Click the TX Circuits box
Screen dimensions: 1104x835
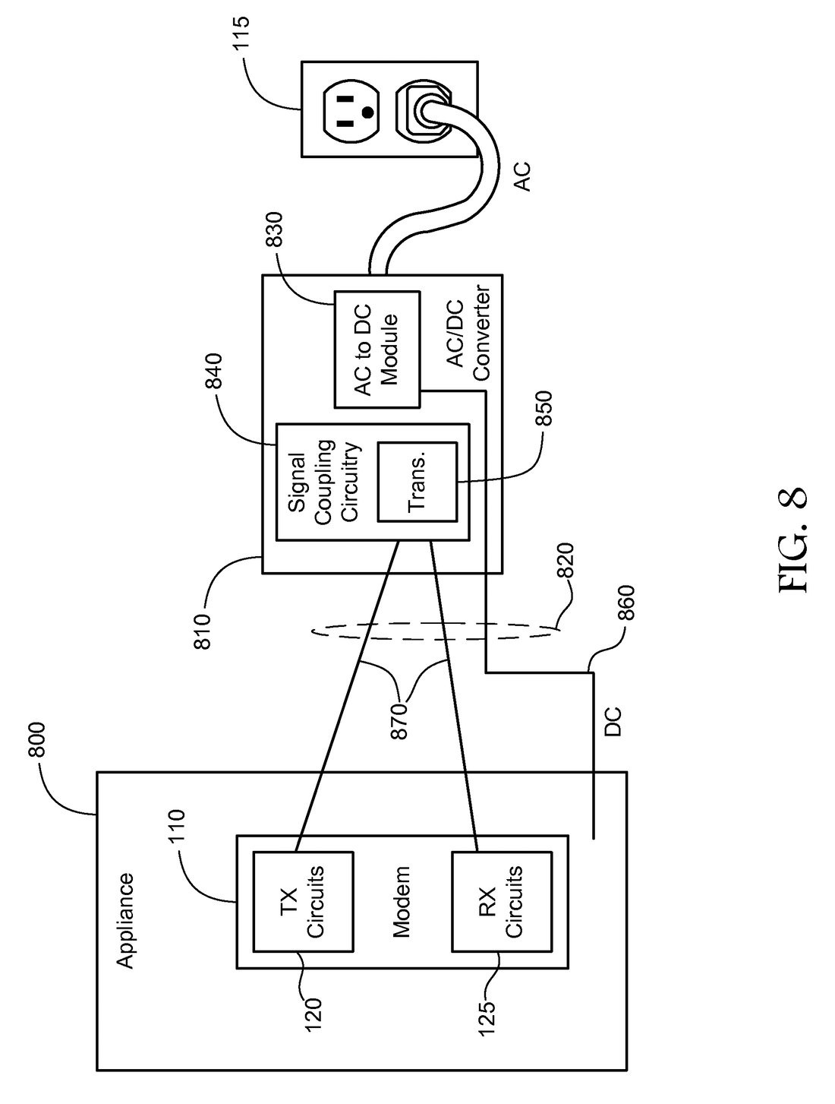click(x=302, y=901)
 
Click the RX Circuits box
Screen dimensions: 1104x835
click(x=502, y=901)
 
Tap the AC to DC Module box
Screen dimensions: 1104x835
click(x=377, y=349)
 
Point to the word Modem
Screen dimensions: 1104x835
click(x=401, y=902)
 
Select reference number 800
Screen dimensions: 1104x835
click(x=36, y=739)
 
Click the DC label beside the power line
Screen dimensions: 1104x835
click(x=613, y=722)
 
